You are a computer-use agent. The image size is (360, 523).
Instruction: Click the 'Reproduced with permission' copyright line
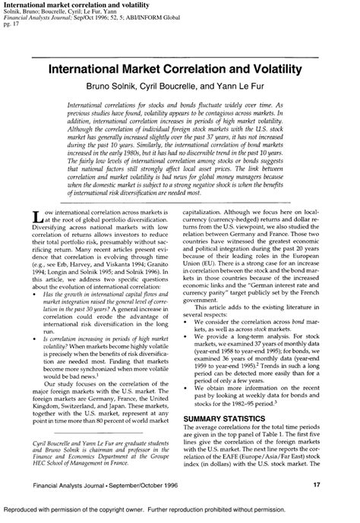click(x=180, y=513)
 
